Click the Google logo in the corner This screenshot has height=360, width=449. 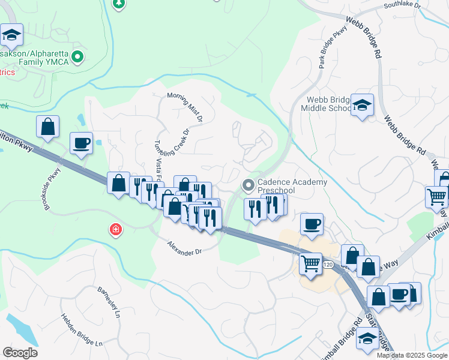click(x=20, y=353)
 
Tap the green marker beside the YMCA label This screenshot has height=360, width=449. click(x=77, y=58)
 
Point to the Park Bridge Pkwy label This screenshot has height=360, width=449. click(x=334, y=47)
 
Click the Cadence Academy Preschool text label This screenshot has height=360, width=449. click(x=292, y=185)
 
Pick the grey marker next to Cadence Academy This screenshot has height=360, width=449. click(x=247, y=184)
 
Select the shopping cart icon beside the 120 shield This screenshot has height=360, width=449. click(x=310, y=262)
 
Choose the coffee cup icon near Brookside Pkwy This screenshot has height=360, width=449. click(x=81, y=143)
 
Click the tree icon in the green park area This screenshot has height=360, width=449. click(x=119, y=3)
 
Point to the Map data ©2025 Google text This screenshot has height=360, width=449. click(x=411, y=355)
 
